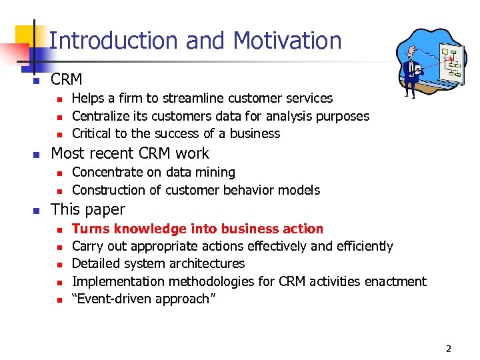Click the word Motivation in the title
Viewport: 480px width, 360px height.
click(287, 41)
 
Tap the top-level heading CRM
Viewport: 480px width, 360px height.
click(66, 79)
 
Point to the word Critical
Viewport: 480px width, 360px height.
click(92, 133)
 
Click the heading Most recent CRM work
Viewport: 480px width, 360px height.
click(129, 153)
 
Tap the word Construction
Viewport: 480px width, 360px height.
click(106, 190)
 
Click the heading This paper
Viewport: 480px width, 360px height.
click(87, 209)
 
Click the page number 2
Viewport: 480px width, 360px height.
click(449, 348)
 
